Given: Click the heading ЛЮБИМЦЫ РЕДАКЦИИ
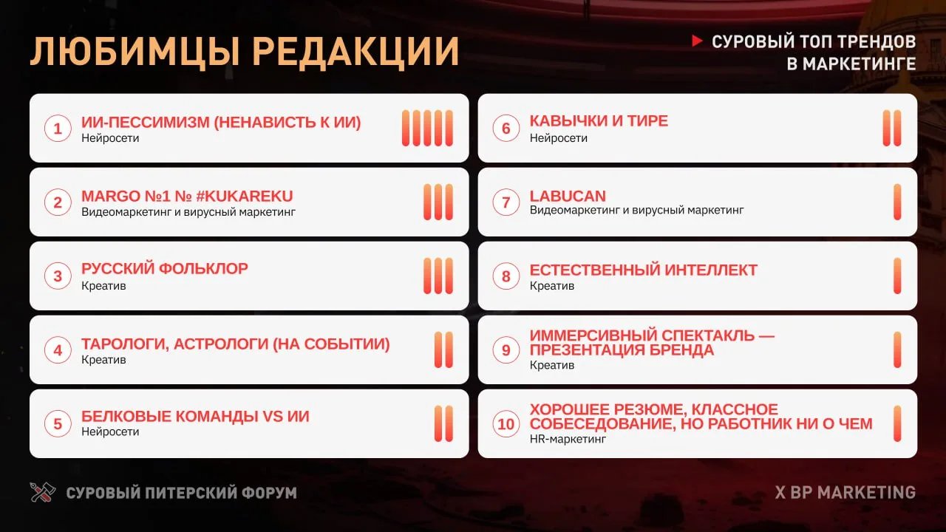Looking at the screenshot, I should pyautogui.click(x=244, y=51).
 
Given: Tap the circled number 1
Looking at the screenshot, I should pyautogui.click(x=58, y=129).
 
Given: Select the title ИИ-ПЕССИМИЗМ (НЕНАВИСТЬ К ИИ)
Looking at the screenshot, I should pyautogui.click(x=221, y=122).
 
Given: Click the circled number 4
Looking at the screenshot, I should pyautogui.click(x=58, y=350).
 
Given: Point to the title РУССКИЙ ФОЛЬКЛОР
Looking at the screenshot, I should pyautogui.click(x=164, y=269).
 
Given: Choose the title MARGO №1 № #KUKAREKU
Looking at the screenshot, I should pyautogui.click(x=187, y=196).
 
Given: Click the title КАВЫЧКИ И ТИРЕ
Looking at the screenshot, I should pyautogui.click(x=599, y=121).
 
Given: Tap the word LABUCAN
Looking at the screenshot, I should pyautogui.click(x=568, y=196).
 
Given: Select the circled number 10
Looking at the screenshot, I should pyautogui.click(x=506, y=424).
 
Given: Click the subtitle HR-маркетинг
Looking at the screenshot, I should pyautogui.click(x=568, y=439).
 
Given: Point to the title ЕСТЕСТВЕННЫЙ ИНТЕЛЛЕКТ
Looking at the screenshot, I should pyautogui.click(x=643, y=270).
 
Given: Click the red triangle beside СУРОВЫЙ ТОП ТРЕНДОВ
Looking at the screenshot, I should pyautogui.click(x=697, y=41).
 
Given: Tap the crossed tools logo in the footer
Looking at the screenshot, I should pyautogui.click(x=42, y=492).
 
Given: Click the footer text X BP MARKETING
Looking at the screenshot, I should pyautogui.click(x=845, y=492).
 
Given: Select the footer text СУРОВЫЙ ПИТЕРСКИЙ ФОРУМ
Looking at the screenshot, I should pyautogui.click(x=181, y=493).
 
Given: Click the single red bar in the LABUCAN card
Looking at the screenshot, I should pyautogui.click(x=897, y=202).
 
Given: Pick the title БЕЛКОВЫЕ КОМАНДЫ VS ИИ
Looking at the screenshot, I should pyautogui.click(x=195, y=417).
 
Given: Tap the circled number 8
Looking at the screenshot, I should pyautogui.click(x=506, y=276).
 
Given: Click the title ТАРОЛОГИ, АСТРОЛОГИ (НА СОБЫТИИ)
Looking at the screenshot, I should pyautogui.click(x=235, y=344).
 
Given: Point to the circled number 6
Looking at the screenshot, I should pyautogui.click(x=506, y=129).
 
